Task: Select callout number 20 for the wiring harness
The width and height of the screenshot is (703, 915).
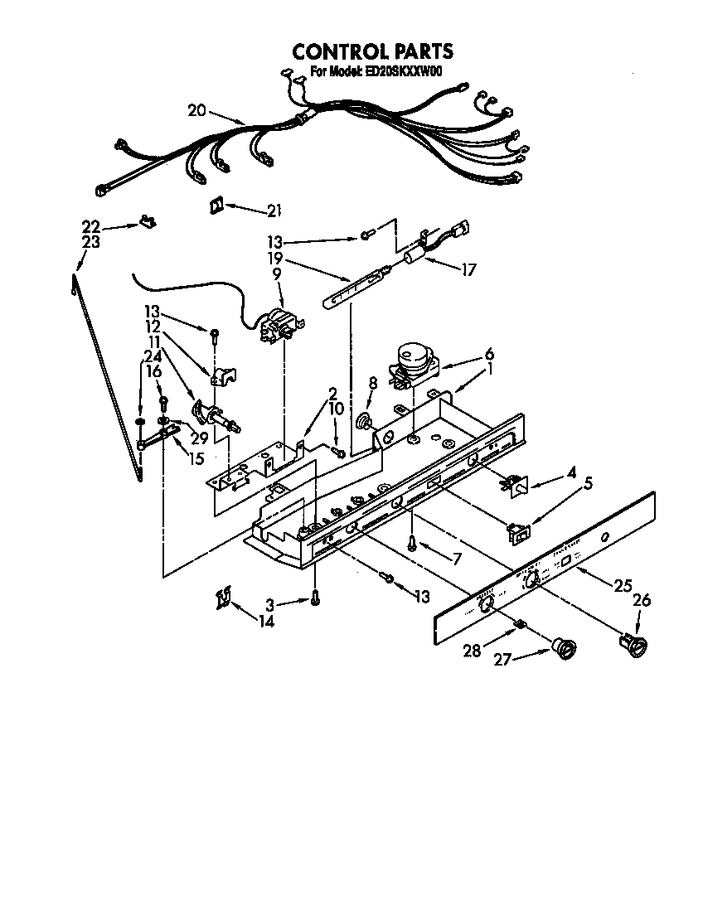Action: [x=196, y=111]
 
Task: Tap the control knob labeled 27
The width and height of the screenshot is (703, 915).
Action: [x=565, y=649]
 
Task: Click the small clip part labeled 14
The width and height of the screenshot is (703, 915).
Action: [x=222, y=597]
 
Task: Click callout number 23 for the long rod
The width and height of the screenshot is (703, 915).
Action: [x=91, y=242]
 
